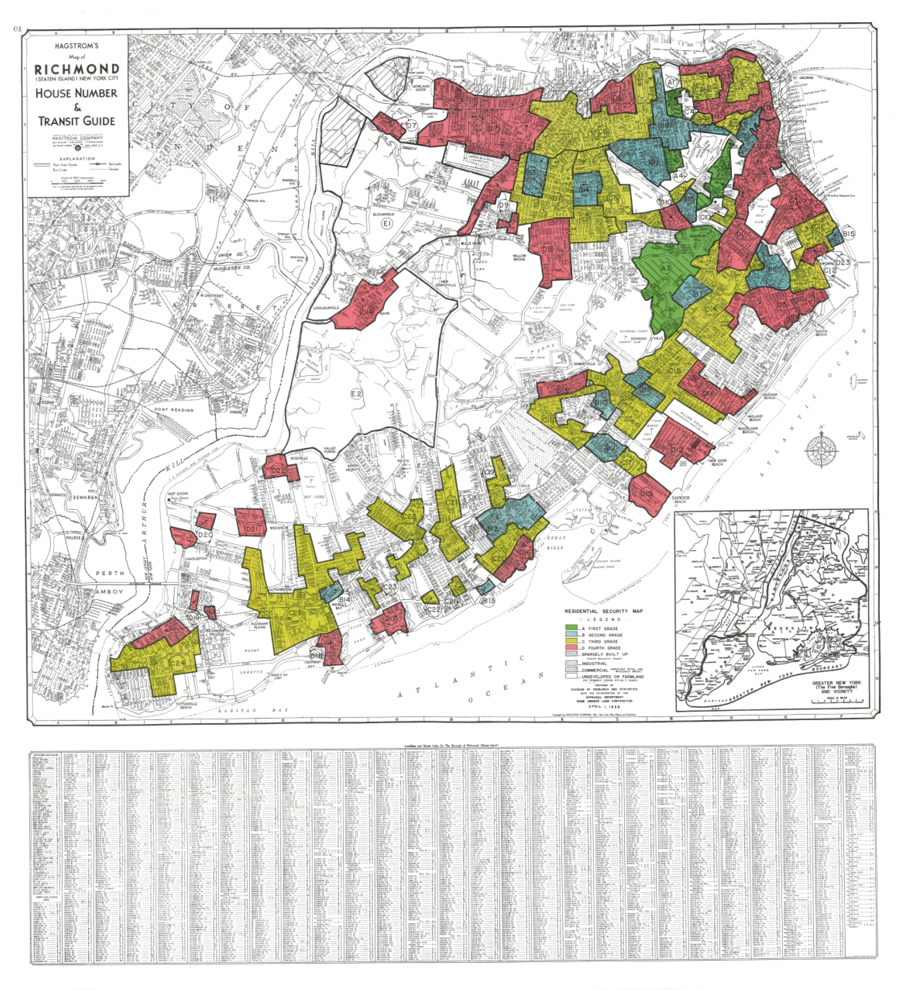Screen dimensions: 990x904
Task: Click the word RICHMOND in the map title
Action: pos(77,68)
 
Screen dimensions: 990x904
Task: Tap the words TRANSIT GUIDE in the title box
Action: pos(77,121)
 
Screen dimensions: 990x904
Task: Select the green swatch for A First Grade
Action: pos(571,628)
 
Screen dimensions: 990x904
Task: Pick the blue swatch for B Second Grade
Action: pos(571,635)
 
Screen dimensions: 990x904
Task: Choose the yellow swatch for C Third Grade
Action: pos(571,642)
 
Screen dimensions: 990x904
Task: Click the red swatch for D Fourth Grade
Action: pos(571,648)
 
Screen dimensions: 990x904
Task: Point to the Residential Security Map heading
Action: pos(603,611)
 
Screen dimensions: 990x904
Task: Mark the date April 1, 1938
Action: pos(603,706)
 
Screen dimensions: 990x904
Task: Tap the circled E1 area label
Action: pos(387,223)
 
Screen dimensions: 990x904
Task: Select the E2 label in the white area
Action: pos(356,394)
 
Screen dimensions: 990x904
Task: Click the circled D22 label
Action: pos(278,470)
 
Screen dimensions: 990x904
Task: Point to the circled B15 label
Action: pos(848,233)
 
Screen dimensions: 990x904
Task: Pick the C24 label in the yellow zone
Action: pos(177,663)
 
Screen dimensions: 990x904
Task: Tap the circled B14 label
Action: pos(344,599)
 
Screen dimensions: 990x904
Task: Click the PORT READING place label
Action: pos(174,410)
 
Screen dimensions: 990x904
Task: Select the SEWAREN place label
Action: pos(85,497)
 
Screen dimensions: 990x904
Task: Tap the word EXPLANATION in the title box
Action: pos(77,158)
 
